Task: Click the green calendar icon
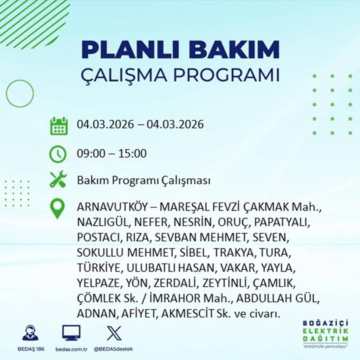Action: click(x=59, y=126)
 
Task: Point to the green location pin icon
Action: click(x=58, y=209)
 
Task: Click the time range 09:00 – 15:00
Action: click(x=112, y=153)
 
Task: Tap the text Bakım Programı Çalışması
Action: click(x=144, y=181)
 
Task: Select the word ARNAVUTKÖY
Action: click(x=111, y=208)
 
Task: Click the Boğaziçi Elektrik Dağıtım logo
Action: click(x=325, y=334)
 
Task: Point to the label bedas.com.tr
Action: click(x=71, y=349)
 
